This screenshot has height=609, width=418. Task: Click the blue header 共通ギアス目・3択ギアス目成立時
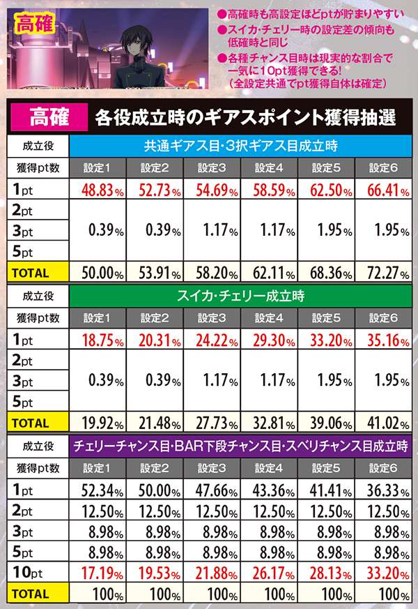pyautogui.click(x=241, y=146)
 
